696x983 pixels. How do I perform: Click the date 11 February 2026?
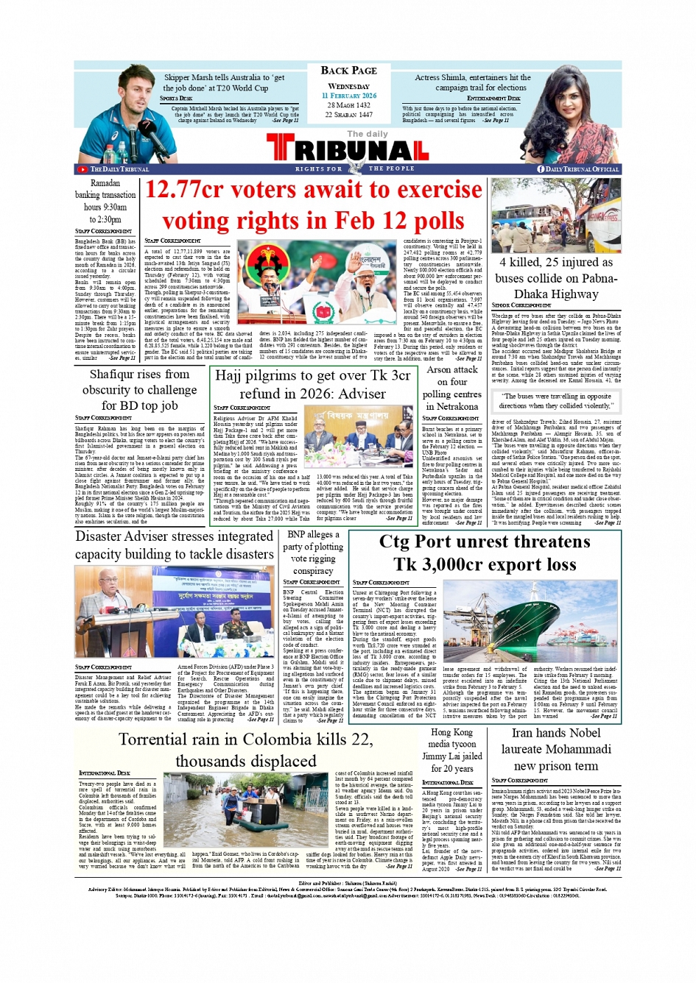point(348,96)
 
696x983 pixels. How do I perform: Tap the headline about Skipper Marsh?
point(224,82)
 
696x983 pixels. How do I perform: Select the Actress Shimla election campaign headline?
point(472,82)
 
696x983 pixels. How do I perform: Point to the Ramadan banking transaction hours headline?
point(105,201)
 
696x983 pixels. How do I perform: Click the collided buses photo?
point(556,215)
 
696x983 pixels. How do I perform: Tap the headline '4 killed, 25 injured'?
point(556,278)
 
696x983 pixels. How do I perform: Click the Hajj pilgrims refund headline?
point(312,384)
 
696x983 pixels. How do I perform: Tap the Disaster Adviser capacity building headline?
point(175,545)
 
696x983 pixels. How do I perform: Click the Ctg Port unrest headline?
point(484,553)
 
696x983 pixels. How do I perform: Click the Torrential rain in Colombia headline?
point(245,750)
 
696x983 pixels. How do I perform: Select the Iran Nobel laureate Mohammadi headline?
point(556,749)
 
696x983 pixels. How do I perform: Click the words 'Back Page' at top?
point(348,70)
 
